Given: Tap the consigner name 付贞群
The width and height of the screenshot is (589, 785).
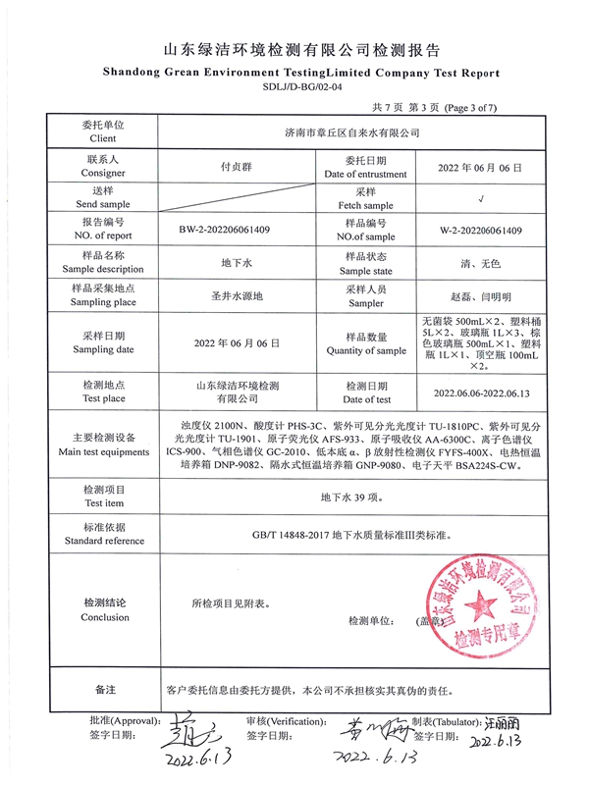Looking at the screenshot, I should point(236,168).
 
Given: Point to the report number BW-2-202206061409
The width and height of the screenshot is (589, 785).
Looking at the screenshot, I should point(239,231).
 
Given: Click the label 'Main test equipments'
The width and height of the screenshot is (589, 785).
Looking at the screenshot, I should point(104,452).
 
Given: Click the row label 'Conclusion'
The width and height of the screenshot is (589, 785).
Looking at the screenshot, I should point(104,617).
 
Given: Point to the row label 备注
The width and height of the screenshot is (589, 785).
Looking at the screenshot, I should point(104,690).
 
